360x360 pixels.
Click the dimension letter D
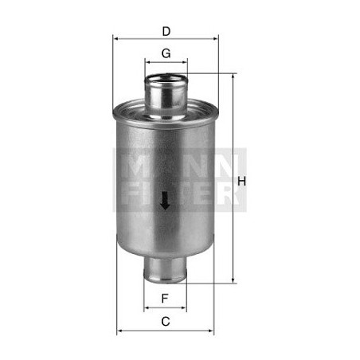tap(166, 31)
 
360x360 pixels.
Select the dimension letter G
tap(166, 53)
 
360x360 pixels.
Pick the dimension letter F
tap(165, 298)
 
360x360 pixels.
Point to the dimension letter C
tap(165, 322)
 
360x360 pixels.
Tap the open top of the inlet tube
tap(166, 76)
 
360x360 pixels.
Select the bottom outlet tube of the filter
tap(165, 270)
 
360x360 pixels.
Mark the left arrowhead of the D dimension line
tap(115, 38)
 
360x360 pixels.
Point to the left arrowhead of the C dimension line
tap(119, 331)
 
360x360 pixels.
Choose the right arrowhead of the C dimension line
tap(211, 331)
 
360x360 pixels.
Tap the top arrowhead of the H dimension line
tap(233, 77)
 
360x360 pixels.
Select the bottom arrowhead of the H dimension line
tap(233, 280)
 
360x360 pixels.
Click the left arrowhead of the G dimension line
tap(147, 61)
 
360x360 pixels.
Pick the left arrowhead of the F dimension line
tap(147, 307)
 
